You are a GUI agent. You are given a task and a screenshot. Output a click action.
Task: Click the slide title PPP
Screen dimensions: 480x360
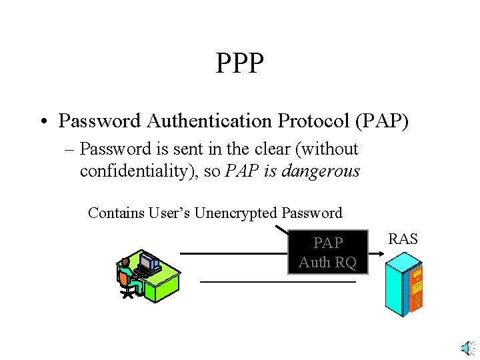click(x=240, y=64)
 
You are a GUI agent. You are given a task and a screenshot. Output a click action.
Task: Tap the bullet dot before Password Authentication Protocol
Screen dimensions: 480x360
click(x=41, y=121)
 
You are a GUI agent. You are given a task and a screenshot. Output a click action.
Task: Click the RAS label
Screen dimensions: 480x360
click(x=403, y=239)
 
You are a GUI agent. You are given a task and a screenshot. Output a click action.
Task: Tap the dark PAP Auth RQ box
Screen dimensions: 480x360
click(x=327, y=253)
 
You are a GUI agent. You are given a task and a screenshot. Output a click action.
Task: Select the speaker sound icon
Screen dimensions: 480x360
click(x=468, y=347)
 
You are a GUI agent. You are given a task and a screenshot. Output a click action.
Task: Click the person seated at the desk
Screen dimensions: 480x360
click(x=128, y=277)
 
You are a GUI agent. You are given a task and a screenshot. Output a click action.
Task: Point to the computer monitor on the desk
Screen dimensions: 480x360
click(x=149, y=263)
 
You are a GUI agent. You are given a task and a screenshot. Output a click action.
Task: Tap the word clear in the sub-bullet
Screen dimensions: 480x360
click(x=265, y=149)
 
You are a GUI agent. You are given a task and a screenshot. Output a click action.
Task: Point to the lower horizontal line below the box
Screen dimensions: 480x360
click(x=278, y=282)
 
